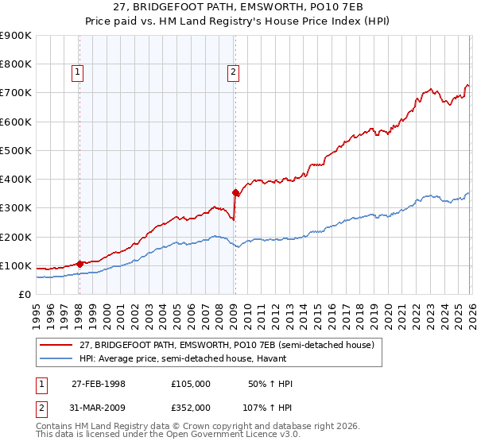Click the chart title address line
tap(238, 7)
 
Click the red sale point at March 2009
tap(235, 192)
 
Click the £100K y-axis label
tap(16, 265)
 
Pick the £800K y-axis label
tap(16, 64)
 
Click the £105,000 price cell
tap(190, 384)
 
